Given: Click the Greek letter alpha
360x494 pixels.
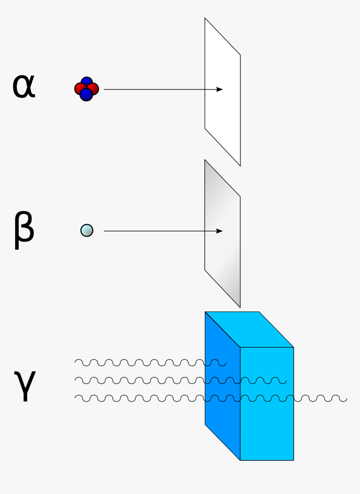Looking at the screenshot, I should pos(24,87).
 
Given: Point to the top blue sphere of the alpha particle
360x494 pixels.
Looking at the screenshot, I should pos(87,82).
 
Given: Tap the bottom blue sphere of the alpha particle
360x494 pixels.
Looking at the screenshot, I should pos(86,95).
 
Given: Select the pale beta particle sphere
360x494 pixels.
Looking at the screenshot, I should pos(87,230).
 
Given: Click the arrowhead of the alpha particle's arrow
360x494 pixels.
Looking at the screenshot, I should pos(220,89).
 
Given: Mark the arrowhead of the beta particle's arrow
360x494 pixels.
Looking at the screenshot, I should pos(220,231).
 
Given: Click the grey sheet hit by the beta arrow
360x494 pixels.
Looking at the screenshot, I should pos(222,260).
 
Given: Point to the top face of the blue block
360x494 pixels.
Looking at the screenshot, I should pos(249,329).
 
